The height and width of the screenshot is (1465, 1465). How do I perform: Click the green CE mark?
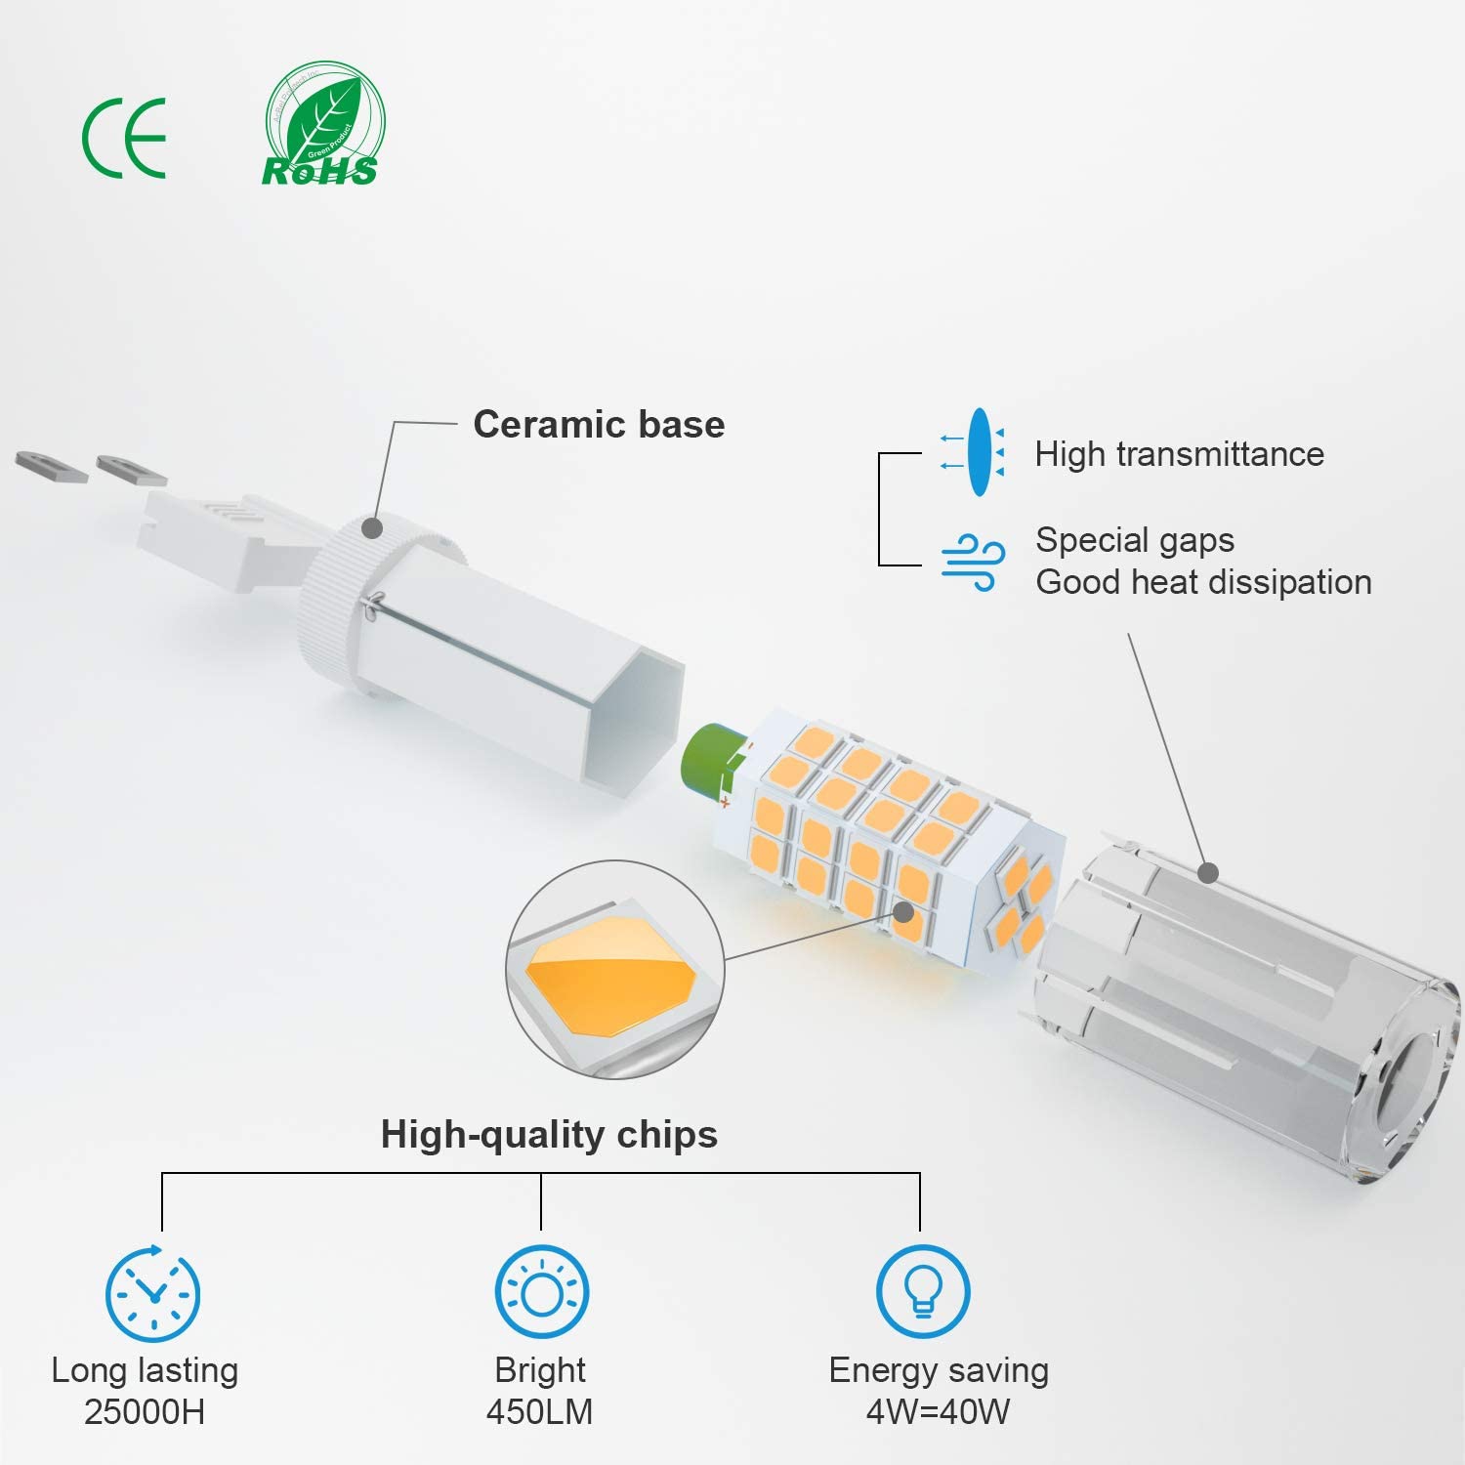(124, 138)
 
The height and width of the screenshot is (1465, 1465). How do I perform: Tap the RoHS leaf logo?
(323, 125)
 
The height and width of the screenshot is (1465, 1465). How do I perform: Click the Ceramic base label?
(599, 425)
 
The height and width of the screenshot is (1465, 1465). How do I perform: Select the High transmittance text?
(1179, 454)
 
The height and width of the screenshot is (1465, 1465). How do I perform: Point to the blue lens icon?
(978, 452)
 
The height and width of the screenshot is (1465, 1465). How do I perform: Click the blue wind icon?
(973, 562)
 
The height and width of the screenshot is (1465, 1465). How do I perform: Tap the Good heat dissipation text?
(1203, 582)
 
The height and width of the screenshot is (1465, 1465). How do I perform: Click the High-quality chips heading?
(549, 1135)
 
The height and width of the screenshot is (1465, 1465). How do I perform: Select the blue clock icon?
(152, 1293)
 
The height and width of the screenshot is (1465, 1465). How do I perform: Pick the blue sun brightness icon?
(541, 1293)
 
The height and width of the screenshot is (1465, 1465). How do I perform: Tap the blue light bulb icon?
(923, 1291)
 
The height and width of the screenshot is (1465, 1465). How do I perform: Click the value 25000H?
(145, 1412)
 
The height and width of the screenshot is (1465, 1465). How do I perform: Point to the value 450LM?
(539, 1412)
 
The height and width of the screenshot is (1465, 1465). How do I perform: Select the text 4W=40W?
(938, 1412)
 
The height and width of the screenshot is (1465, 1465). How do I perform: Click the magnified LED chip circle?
(614, 969)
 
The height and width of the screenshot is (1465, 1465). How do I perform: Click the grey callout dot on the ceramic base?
(371, 527)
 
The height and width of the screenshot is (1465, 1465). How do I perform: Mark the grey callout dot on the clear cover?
(1208, 872)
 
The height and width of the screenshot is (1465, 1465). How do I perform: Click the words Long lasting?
(145, 1370)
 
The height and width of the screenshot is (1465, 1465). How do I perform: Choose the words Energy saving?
(939, 1370)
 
